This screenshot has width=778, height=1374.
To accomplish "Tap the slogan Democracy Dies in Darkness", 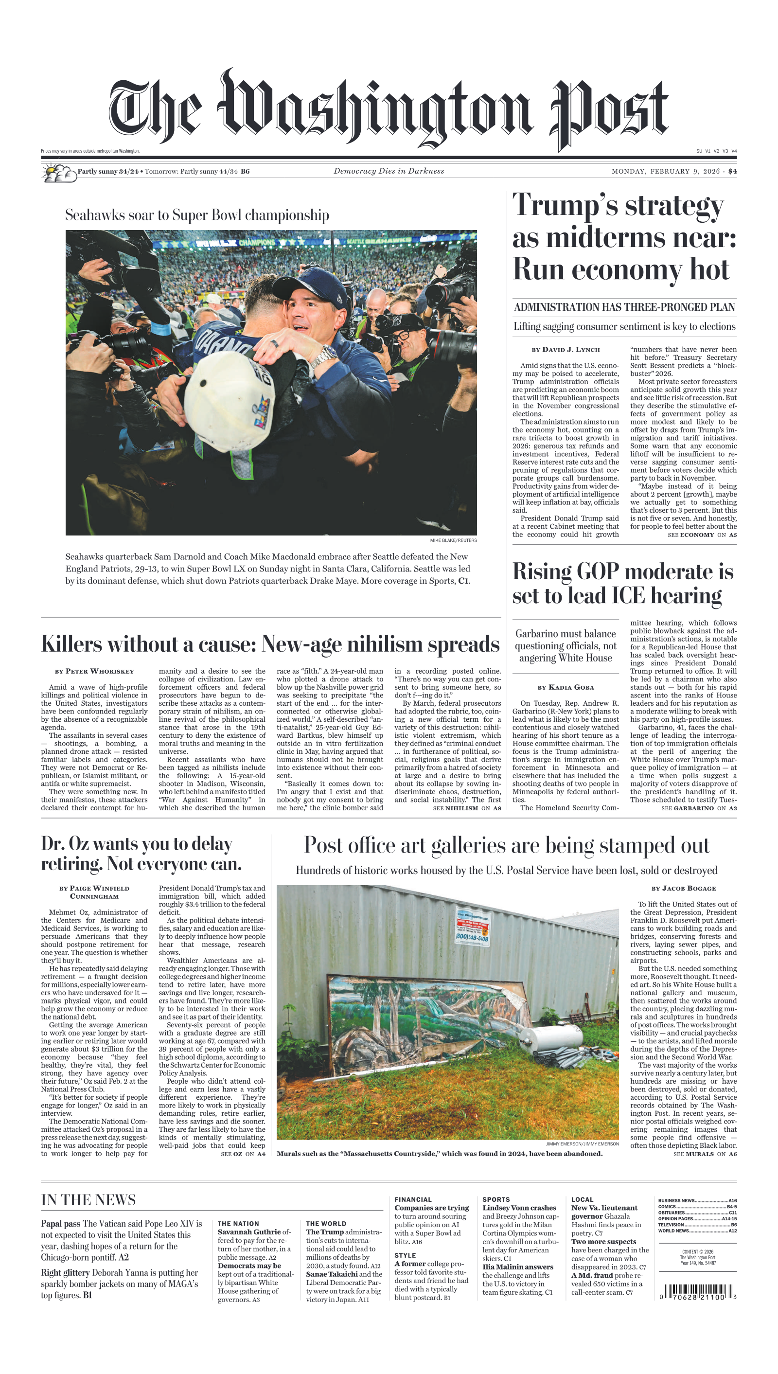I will coord(389,171).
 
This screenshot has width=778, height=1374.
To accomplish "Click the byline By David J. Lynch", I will coord(566,350).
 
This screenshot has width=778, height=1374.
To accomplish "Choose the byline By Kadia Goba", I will coord(566,687).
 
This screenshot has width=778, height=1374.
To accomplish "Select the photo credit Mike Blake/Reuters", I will coord(453,540).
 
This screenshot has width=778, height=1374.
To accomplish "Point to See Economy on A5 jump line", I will coord(702,535).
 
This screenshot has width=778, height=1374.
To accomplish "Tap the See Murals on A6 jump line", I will coord(704,1154).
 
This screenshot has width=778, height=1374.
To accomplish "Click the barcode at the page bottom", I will coord(698,1293).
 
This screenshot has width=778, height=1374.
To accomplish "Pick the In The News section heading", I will coord(88,1200).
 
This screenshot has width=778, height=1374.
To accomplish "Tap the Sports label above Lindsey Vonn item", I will coord(496,1199).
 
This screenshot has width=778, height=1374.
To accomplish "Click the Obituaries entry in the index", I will coord(672,1213).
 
